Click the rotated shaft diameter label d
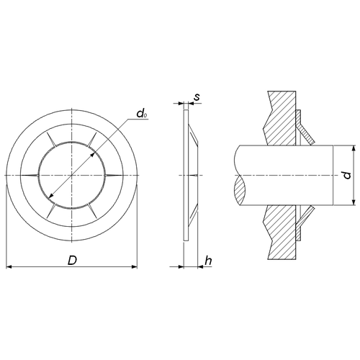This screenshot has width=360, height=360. tap(347, 175)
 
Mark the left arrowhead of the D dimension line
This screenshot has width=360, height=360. tap(9, 267)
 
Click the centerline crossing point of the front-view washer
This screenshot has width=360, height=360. tap(72, 176)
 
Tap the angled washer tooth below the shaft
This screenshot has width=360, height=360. tap(305, 217)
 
